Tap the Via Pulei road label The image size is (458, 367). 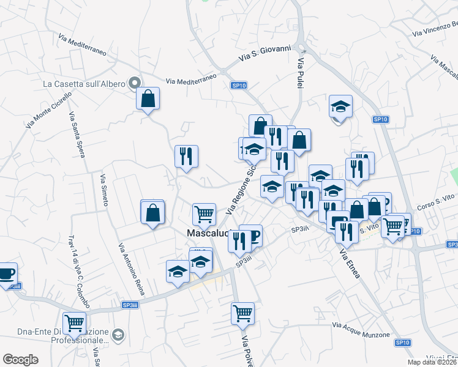pos(301,73)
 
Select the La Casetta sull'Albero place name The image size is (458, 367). pos(83,83)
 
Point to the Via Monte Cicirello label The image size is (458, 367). pos(49,109)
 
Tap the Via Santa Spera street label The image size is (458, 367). pos(76,135)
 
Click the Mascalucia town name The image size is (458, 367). pos(207,233)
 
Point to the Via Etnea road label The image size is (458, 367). pos(348,263)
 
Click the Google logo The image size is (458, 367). pos(20,360)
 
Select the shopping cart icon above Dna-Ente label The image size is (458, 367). pos(74,322)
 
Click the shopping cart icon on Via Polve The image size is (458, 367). pos(242,313)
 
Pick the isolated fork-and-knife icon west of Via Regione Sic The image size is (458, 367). pos(186,156)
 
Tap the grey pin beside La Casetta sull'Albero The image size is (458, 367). pos(134,83)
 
